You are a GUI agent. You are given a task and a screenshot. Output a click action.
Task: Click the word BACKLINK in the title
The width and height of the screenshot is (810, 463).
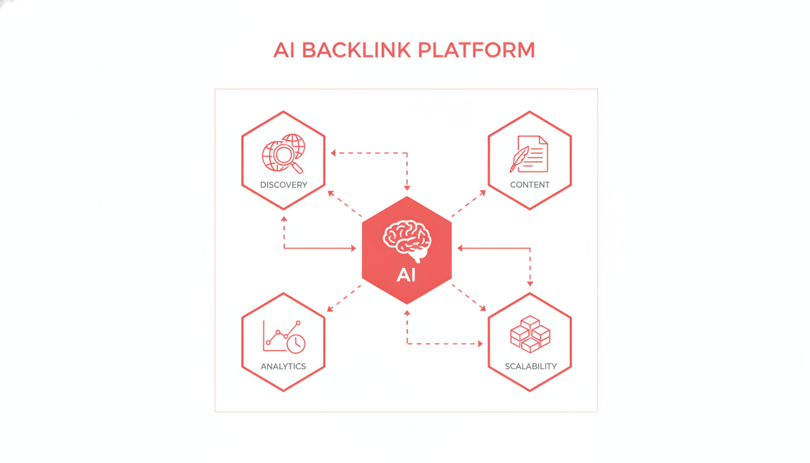pos(356,50)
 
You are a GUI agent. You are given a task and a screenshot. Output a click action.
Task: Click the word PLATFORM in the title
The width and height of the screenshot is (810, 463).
pos(476,50)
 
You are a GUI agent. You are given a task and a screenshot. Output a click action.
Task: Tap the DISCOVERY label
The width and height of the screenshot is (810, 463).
pos(283,185)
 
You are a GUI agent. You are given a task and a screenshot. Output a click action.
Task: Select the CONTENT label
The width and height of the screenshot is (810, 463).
pos(530,185)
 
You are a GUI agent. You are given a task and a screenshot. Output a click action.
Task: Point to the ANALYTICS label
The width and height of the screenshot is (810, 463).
pos(283,366)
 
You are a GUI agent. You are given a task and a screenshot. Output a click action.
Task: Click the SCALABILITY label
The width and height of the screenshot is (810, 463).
pos(531,366)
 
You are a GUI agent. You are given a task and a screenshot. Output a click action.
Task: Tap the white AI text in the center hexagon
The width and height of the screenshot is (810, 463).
pos(406,275)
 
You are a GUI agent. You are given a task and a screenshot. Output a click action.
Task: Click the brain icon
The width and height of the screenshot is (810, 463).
pos(407,241)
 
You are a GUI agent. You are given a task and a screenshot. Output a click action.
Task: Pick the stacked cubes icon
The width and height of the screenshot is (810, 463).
pos(530,334)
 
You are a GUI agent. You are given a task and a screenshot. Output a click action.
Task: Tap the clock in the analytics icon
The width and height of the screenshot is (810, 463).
pos(296,343)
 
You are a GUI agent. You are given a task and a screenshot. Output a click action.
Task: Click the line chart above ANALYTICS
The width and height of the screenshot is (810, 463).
pos(282,335)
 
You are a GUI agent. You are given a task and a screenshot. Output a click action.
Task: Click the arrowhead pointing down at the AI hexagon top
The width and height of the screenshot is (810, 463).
pos(407,188)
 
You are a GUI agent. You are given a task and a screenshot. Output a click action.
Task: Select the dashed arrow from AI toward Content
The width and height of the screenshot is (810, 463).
pos(469,204)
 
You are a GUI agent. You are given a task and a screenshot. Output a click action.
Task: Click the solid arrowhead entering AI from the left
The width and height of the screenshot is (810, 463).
pos(354,248)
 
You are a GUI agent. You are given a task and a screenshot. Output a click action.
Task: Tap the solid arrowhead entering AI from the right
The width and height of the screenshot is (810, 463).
pos(461,248)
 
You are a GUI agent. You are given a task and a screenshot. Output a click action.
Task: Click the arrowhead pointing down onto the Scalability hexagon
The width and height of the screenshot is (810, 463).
pos(530,284)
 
